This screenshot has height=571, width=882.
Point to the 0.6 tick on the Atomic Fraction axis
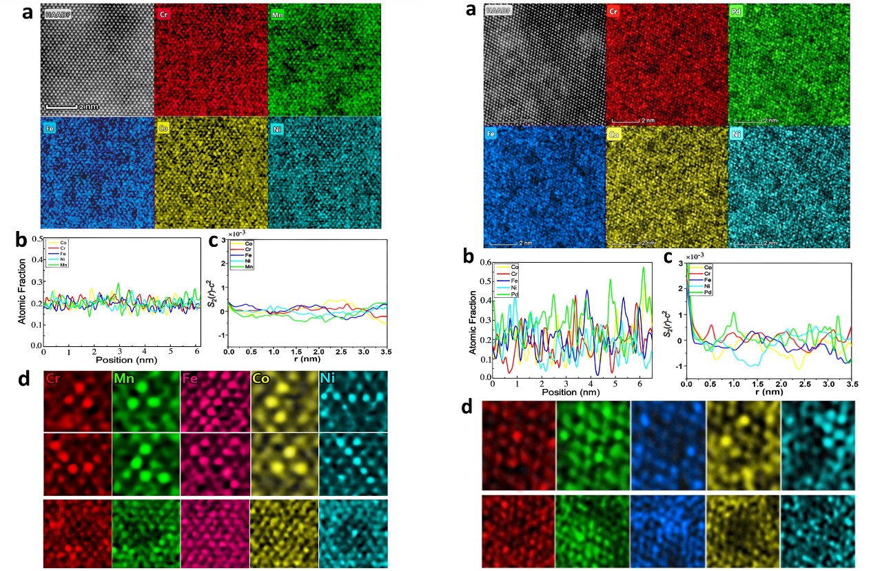point(483,263)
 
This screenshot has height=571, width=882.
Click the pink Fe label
point(191,378)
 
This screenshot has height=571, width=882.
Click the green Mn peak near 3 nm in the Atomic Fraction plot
point(119,283)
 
